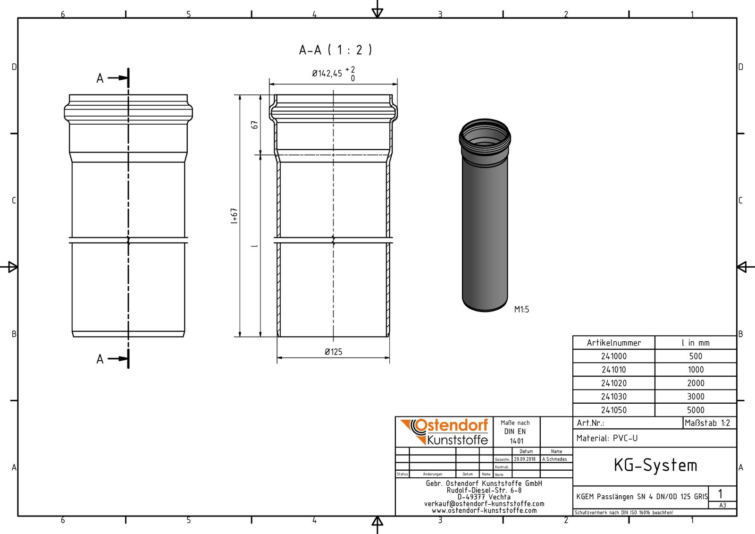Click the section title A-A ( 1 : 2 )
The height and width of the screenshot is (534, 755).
(335, 50)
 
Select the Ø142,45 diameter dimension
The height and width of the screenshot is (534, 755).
(333, 74)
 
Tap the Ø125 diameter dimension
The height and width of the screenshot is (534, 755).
(333, 352)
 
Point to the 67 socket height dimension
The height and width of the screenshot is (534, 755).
(255, 125)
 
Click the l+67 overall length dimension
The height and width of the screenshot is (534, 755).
(235, 216)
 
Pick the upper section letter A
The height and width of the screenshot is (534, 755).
(100, 78)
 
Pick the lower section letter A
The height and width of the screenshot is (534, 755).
(100, 359)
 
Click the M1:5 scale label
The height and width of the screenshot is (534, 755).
(521, 310)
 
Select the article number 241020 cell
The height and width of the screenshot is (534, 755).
(613, 383)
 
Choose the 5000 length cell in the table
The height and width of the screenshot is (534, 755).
(696, 410)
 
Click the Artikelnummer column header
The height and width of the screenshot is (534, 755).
(613, 343)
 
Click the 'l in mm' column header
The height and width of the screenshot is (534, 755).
(696, 343)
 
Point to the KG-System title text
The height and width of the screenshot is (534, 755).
(655, 466)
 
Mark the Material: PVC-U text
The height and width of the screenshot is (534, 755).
(607, 438)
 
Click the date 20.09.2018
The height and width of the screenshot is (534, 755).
(525, 459)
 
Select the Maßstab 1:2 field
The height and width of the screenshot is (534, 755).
(707, 423)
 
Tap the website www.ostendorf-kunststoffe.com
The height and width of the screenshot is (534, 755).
(484, 510)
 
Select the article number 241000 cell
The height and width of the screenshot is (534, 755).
(613, 356)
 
